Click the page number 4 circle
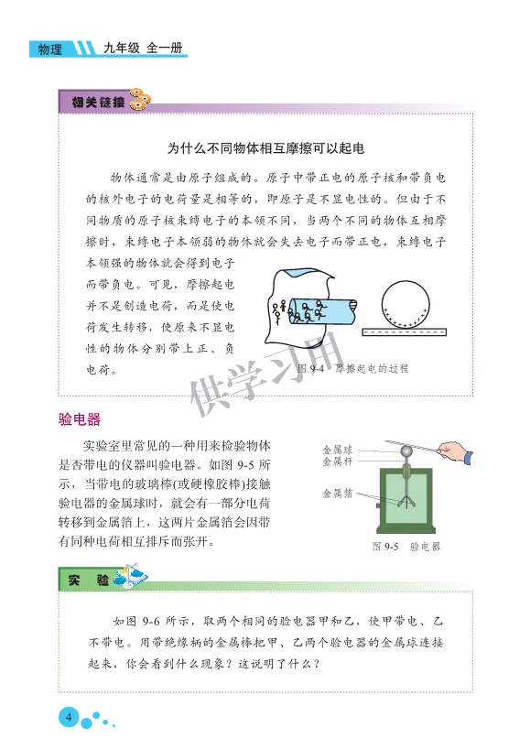(69, 717)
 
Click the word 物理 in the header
(50, 49)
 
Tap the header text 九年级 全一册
(143, 48)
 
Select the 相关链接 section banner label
(98, 102)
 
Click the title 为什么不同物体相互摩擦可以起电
(265, 148)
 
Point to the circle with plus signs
(406, 304)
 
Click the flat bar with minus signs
(404, 332)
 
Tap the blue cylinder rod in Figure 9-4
(323, 310)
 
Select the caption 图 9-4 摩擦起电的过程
(352, 368)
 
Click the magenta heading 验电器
(80, 419)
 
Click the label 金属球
(337, 450)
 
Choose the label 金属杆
(337, 461)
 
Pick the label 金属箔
(337, 493)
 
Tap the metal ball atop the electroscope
(406, 450)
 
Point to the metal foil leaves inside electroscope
(406, 502)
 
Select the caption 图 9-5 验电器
(406, 547)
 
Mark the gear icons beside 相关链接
(139, 100)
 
